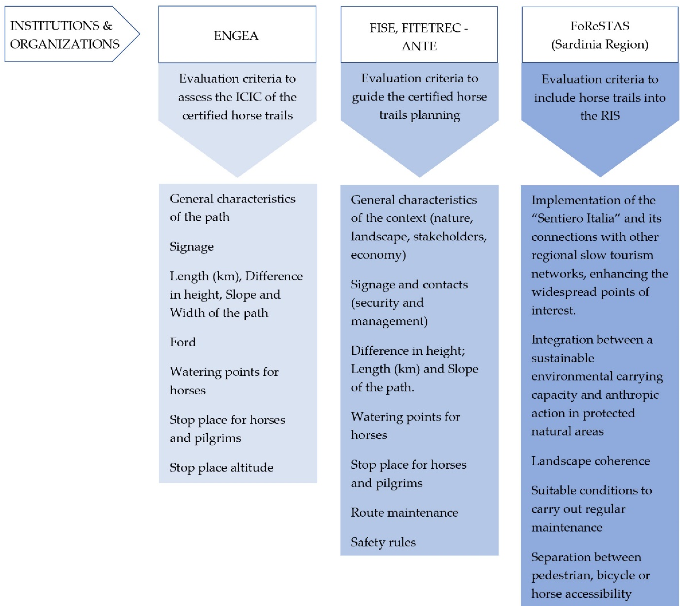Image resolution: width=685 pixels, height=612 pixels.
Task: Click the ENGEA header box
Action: (237, 35)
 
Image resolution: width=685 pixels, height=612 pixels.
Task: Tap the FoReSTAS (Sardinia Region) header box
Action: (600, 35)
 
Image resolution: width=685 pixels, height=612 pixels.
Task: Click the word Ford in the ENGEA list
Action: (183, 342)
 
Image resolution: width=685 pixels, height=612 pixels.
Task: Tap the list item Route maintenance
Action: (404, 513)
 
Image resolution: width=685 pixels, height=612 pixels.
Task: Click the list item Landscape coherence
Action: (590, 461)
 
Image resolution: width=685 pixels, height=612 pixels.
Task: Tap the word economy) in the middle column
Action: (378, 255)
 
